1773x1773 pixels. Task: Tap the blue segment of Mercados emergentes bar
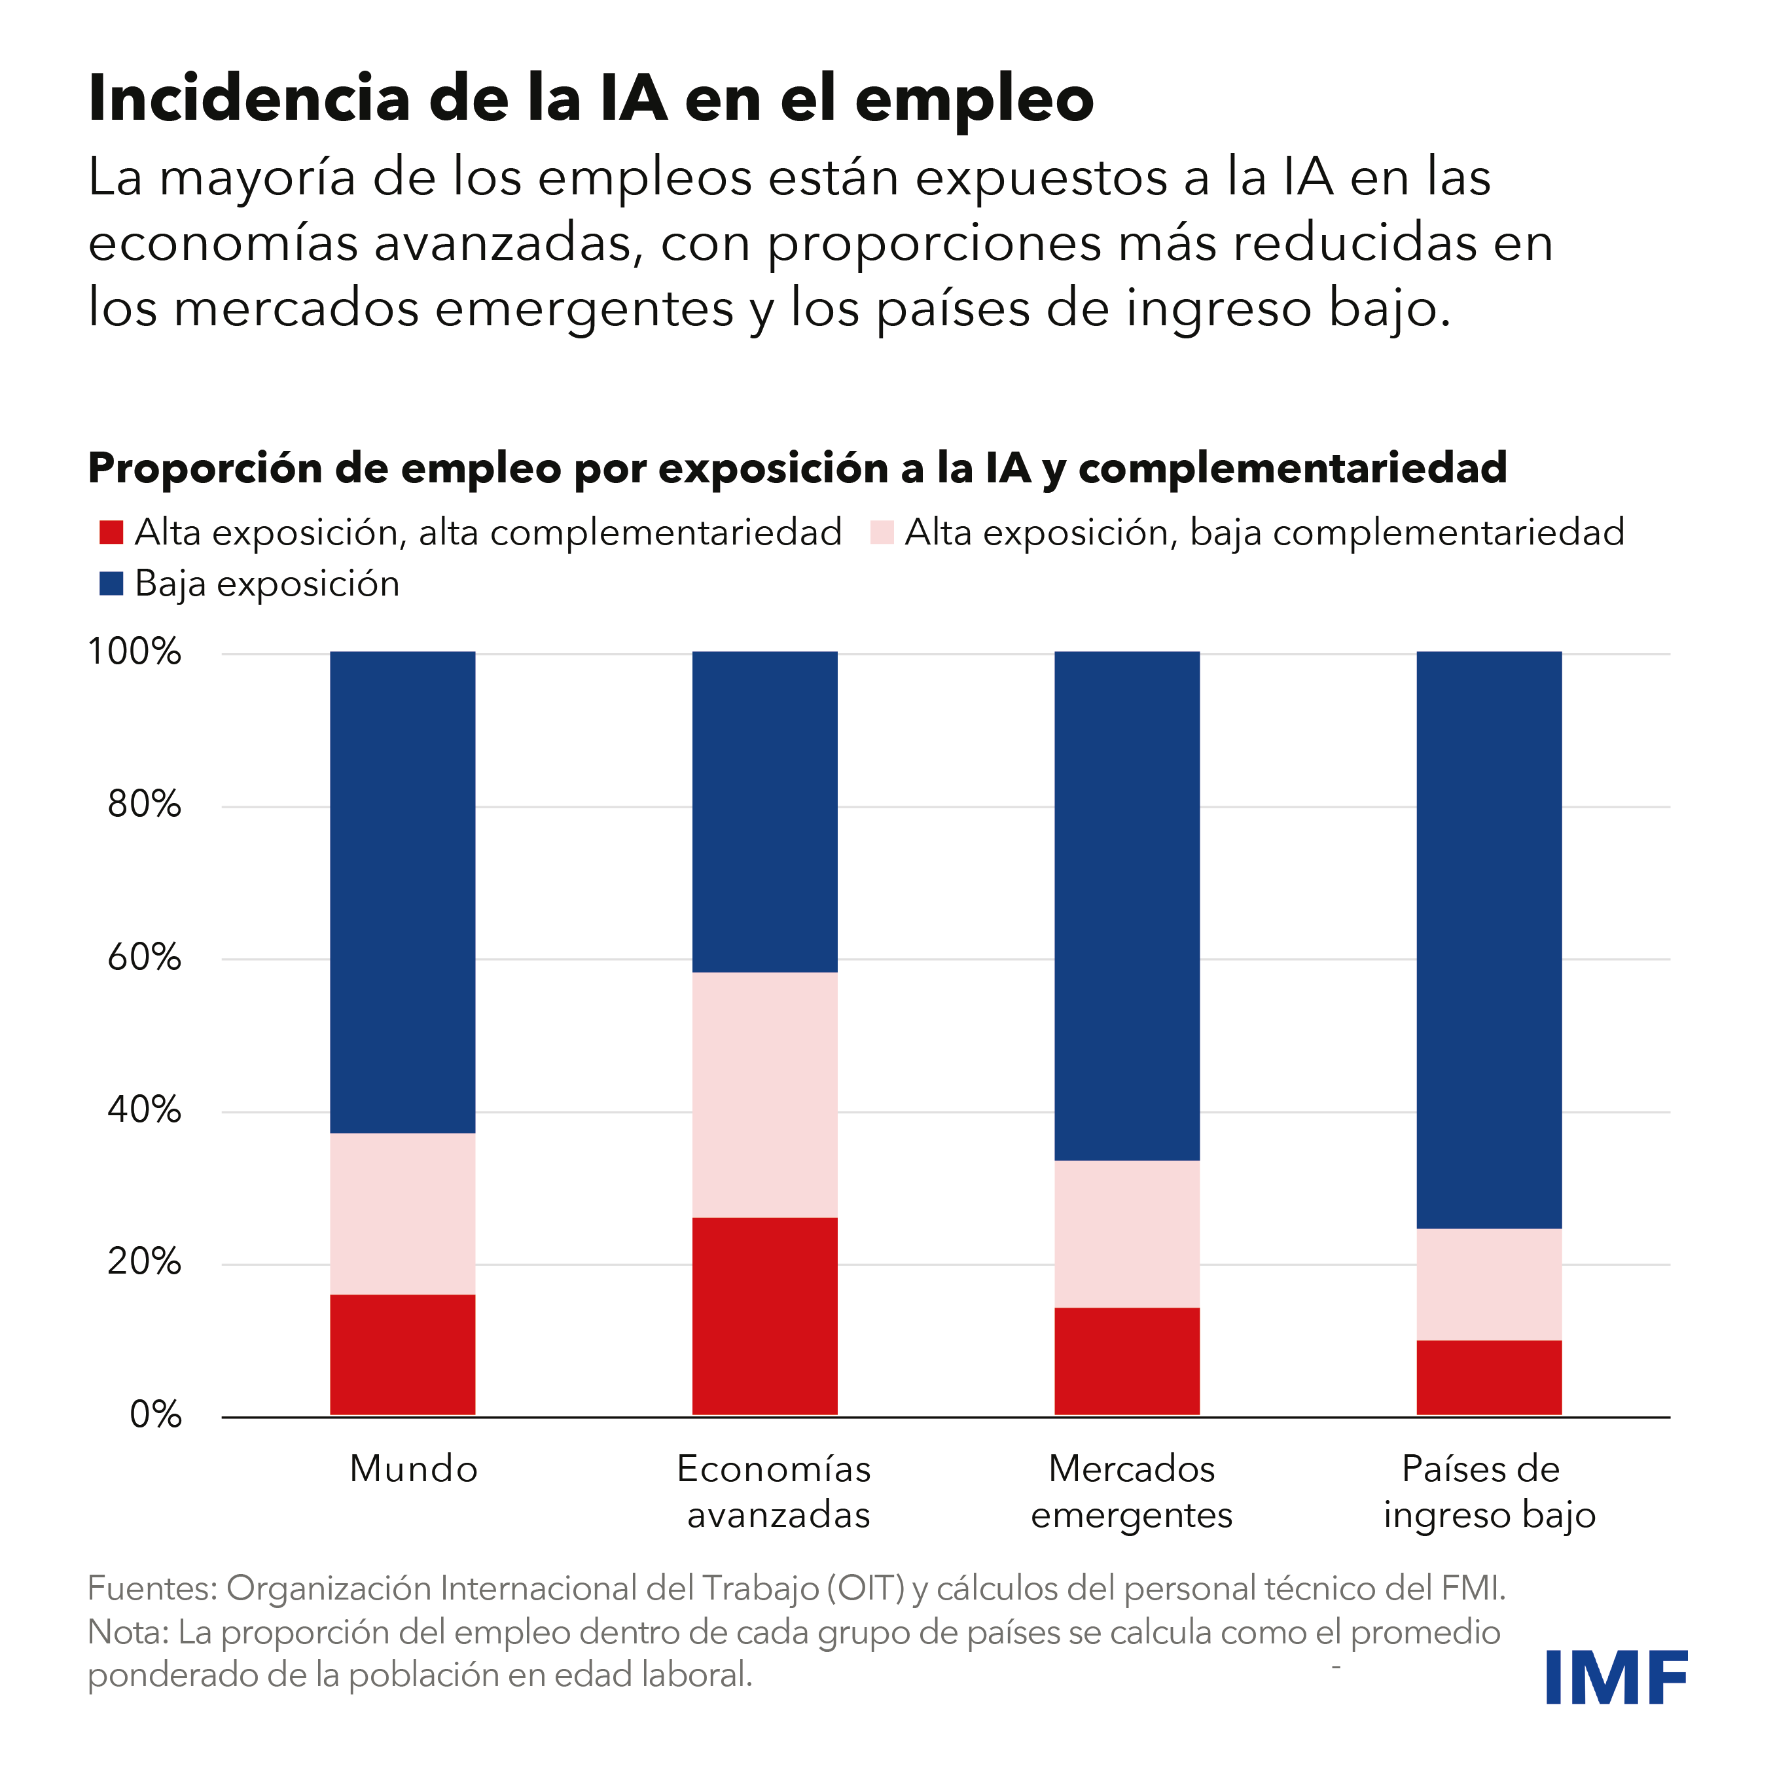[x=1127, y=906]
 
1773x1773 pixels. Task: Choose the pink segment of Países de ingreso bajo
[x=1488, y=1284]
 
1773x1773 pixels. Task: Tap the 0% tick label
[x=155, y=1414]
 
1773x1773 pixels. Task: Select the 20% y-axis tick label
[x=144, y=1262]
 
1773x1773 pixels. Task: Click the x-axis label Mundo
[x=414, y=1468]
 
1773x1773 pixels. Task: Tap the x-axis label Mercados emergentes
[x=1132, y=1492]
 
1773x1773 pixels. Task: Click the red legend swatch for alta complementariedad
[x=111, y=532]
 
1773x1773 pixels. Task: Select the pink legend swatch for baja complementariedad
[x=881, y=532]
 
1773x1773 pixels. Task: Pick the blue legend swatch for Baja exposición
[x=111, y=584]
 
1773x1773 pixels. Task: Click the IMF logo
[x=1616, y=1677]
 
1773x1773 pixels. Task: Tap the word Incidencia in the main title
[x=249, y=98]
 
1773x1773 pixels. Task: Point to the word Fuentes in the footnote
[x=151, y=1588]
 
